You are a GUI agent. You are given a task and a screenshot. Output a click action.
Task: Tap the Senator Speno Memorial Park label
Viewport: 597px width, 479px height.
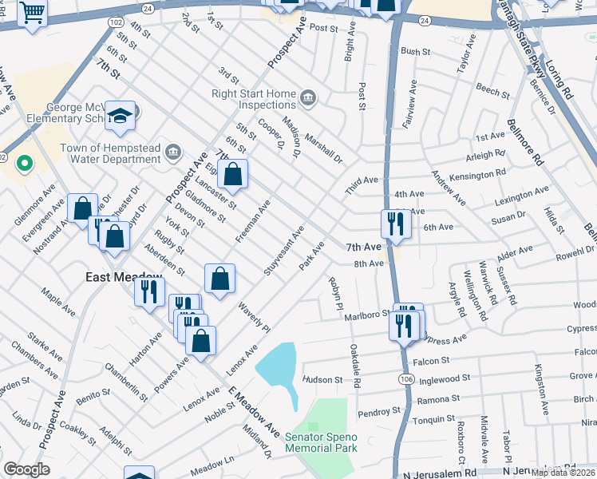click(322, 442)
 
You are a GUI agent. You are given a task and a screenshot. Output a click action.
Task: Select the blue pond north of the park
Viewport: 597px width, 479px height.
click(279, 367)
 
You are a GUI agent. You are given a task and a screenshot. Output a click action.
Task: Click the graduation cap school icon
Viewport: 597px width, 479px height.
click(121, 117)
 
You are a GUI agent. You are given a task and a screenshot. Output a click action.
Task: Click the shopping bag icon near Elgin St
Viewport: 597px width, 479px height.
click(232, 173)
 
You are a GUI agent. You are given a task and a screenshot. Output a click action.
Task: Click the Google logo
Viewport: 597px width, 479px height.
click(26, 469)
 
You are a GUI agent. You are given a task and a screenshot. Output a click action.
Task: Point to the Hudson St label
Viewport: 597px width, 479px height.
click(322, 380)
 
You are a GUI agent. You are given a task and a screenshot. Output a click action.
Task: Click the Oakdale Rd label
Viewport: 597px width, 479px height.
click(355, 366)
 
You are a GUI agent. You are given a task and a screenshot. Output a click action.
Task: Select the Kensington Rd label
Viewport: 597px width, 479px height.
click(479, 172)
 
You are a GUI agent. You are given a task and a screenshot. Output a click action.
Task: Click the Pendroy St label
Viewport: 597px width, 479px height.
click(378, 411)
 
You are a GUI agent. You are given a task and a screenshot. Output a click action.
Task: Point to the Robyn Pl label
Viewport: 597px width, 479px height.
click(335, 294)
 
